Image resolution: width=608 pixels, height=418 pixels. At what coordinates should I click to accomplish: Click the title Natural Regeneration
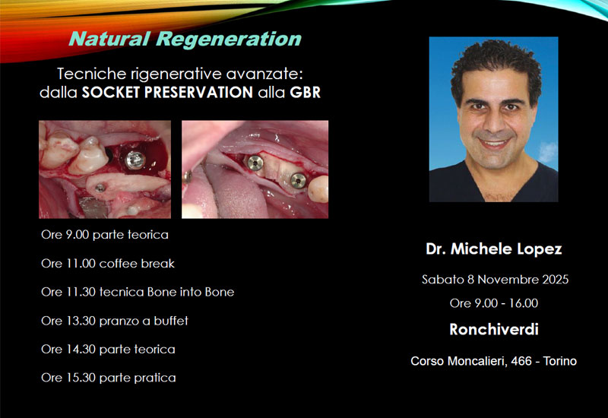coord(185,40)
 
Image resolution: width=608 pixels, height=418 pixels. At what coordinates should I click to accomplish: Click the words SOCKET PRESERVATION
coord(167,92)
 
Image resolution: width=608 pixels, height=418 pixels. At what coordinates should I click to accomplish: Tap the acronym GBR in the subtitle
coord(306,92)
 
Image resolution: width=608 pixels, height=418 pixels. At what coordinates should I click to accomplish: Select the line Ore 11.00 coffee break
coord(108,264)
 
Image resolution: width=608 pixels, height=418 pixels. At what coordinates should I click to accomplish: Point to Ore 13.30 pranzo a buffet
coord(115,321)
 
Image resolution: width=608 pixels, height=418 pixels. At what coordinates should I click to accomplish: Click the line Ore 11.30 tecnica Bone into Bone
coord(138,292)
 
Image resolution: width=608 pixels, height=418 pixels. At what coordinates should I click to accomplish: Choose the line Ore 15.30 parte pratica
coord(109,378)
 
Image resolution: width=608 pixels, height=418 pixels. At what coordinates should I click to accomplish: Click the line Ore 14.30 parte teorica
coord(108,350)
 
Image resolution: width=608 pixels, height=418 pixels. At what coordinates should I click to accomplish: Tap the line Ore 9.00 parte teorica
coord(105,235)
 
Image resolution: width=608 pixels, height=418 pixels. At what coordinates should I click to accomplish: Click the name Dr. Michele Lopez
coord(493,249)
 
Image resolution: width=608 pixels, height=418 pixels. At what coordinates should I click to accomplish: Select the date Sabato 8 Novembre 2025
coord(496,280)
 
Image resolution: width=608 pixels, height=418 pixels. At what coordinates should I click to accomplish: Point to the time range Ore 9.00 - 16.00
coord(493,303)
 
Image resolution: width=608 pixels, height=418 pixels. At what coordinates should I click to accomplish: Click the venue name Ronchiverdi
coord(493,330)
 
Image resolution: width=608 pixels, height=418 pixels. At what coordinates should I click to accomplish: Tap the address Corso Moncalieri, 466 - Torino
coord(493,361)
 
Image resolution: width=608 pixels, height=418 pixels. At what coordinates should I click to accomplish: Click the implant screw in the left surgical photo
coord(135,160)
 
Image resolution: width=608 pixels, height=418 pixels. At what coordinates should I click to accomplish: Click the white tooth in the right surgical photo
coord(318,188)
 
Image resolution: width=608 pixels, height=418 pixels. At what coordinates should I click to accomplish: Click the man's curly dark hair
coord(496,66)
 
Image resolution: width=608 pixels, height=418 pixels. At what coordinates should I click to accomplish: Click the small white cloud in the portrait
coord(548,151)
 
